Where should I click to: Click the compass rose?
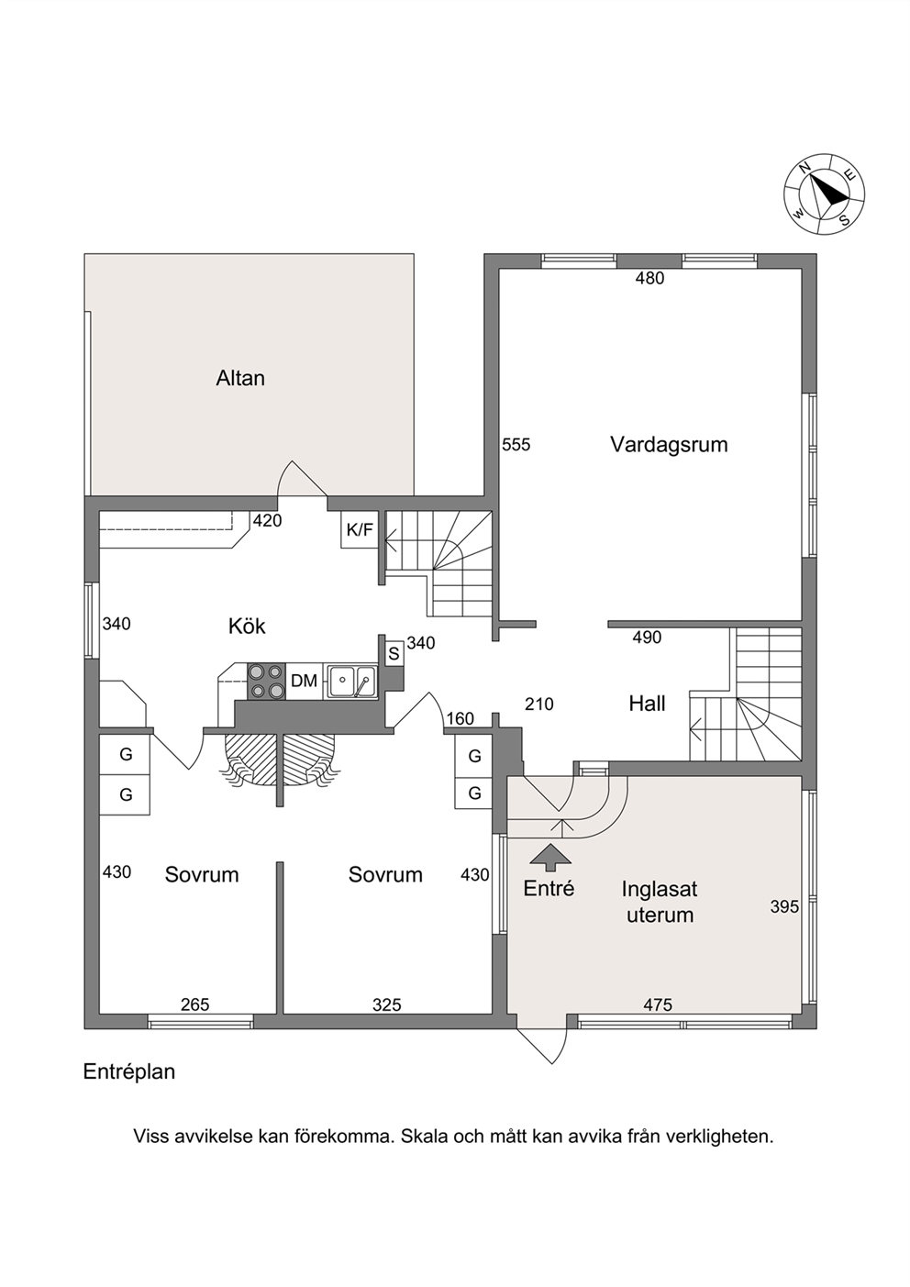(x=825, y=194)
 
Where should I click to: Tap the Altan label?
(x=240, y=378)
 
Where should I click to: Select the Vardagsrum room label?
(x=669, y=444)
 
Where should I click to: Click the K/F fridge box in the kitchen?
(x=360, y=529)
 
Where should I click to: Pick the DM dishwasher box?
(x=305, y=681)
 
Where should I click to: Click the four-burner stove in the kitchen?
(x=267, y=681)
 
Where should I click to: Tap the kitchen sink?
(x=351, y=681)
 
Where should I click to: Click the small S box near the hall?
(x=394, y=654)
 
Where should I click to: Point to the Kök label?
(x=247, y=626)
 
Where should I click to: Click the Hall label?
(x=647, y=704)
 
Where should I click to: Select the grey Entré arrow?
(x=550, y=854)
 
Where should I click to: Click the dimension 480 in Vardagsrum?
(x=649, y=279)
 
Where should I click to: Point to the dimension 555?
(x=516, y=445)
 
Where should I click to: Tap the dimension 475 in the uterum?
(x=658, y=1004)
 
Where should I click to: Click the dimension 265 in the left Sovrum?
(x=195, y=1004)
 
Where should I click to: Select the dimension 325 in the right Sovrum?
(x=386, y=1004)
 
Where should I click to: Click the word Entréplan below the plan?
(x=129, y=1072)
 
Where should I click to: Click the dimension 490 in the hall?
(x=647, y=638)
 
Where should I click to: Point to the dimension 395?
(x=784, y=906)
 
